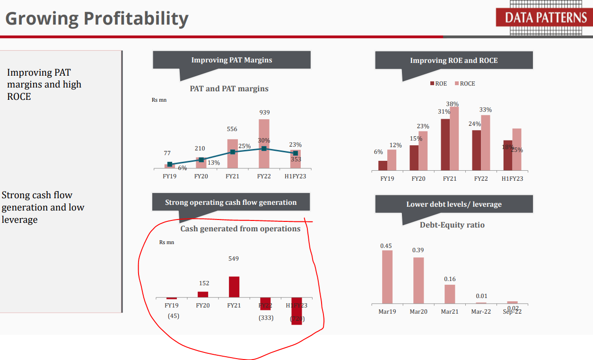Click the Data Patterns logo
[544, 18]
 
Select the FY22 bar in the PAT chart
[264, 144]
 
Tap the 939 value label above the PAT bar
[264, 113]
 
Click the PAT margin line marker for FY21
[233, 152]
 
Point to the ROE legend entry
[438, 84]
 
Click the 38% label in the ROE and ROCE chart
[453, 104]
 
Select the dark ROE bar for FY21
[445, 144]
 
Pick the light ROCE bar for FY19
[392, 160]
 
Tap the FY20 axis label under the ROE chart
[418, 179]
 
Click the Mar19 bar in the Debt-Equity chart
[387, 277]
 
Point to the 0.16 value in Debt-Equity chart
[450, 279]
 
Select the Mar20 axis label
[418, 312]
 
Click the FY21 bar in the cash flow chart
[234, 287]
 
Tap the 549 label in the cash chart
[234, 259]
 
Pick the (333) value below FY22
[266, 318]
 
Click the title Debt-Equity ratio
[452, 225]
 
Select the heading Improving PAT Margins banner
[231, 60]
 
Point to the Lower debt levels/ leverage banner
[453, 204]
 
